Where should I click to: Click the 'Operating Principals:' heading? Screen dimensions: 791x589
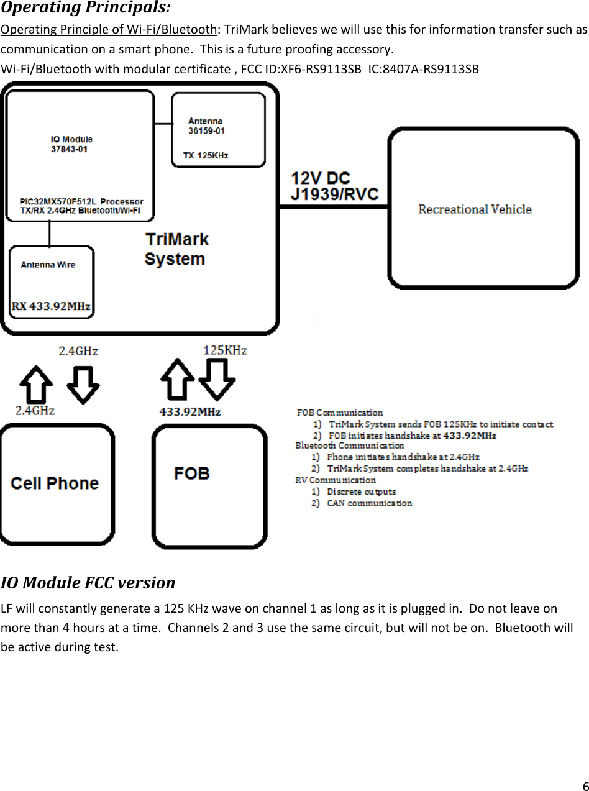point(86,9)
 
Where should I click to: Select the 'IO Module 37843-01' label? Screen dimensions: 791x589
point(71,144)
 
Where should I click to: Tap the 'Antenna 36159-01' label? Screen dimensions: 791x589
point(206,126)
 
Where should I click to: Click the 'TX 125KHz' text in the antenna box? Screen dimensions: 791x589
point(206,155)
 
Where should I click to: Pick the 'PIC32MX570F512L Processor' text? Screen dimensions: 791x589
point(81,201)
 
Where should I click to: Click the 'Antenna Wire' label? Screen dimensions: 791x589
point(48,265)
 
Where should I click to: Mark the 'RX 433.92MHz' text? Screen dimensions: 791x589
point(51,306)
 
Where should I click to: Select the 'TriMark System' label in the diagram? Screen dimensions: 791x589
point(176,249)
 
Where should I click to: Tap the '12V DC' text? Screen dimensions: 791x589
point(321,178)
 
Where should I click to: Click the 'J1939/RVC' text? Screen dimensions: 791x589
point(335,194)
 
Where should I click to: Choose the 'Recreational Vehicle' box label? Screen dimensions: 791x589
point(475,209)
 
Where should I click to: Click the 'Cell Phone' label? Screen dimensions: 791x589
point(55,483)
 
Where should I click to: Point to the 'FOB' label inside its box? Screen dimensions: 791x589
point(192,473)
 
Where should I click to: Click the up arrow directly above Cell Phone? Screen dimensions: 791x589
point(36,383)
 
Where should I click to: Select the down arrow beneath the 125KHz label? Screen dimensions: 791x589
point(217,379)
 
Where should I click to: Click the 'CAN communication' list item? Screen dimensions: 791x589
point(369,503)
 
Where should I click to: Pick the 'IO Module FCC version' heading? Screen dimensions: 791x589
point(88,583)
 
